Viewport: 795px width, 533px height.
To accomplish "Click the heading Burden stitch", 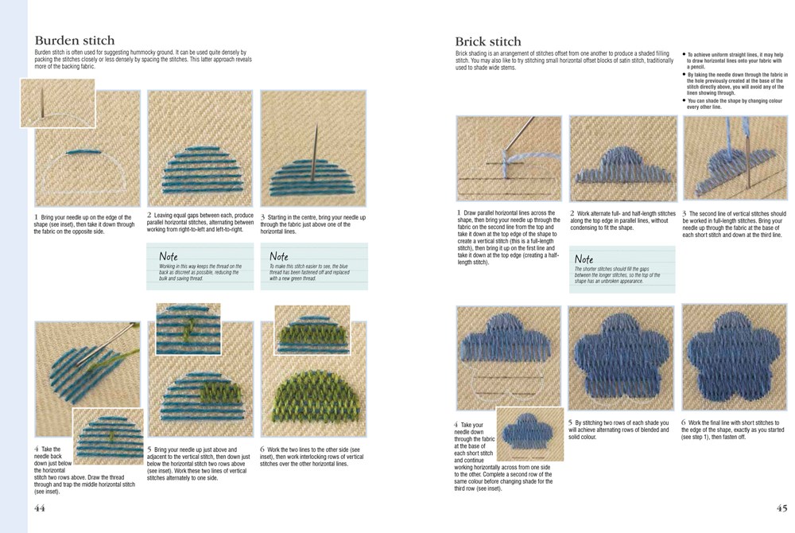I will pos(74,41).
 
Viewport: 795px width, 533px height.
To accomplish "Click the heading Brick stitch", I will pos(488,41).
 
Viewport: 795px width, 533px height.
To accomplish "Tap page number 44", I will pos(39,509).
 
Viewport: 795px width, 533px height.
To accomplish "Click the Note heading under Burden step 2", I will pos(169,257).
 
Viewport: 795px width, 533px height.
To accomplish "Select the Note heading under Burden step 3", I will pos(279,257).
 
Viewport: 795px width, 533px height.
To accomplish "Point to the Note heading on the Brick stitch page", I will pos(584,259).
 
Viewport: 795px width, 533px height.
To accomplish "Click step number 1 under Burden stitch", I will pos(36,216).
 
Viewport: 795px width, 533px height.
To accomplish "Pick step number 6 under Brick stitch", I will pos(684,422).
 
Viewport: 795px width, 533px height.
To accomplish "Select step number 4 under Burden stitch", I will pos(37,449).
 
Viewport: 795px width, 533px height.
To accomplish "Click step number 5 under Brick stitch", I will pos(570,422).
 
